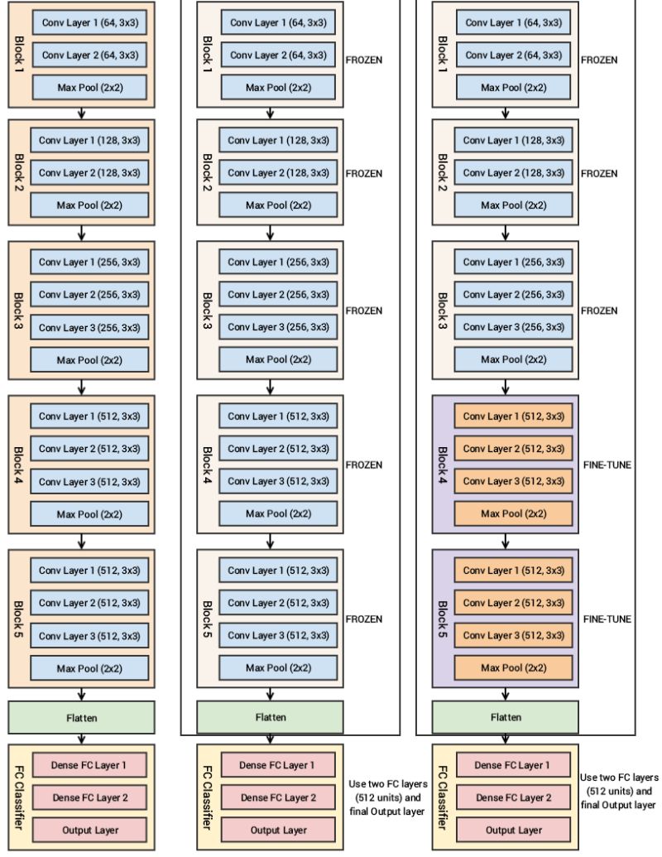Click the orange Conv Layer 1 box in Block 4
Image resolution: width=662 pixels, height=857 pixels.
(513, 416)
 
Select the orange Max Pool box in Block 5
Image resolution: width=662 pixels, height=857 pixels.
(513, 667)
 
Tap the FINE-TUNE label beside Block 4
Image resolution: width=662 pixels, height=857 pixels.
(607, 465)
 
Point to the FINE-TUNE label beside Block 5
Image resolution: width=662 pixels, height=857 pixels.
(607, 619)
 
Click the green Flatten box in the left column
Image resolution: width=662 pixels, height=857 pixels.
(81, 718)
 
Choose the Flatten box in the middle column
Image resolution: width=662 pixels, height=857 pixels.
(270, 718)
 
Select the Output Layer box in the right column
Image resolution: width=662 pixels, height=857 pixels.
(513, 830)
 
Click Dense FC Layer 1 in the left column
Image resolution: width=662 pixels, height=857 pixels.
(90, 765)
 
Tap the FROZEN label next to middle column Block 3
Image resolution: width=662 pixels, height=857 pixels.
(364, 311)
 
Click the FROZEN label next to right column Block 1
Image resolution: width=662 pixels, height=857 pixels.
(600, 60)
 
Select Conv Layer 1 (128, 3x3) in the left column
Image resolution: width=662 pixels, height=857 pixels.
(90, 140)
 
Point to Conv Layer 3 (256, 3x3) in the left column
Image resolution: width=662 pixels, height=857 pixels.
(90, 327)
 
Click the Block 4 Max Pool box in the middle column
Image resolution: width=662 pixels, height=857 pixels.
(278, 514)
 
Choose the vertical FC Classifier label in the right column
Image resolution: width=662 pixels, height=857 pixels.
(443, 797)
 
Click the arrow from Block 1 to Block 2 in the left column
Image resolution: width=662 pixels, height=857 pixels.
(81, 113)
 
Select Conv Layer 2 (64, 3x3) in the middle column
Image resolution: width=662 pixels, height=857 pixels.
(278, 55)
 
